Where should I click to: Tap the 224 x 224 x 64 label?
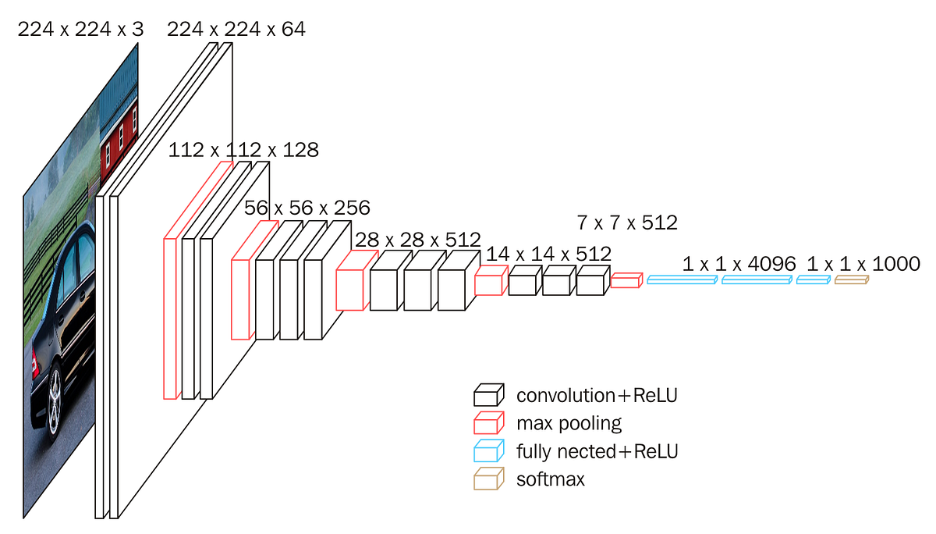pyautogui.click(x=236, y=30)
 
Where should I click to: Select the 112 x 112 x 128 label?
pyautogui.click(x=243, y=150)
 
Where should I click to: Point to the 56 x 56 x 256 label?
pyautogui.click(x=307, y=208)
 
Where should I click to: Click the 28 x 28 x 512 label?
pyautogui.click(x=417, y=239)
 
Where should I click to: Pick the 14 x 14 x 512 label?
pyautogui.click(x=548, y=254)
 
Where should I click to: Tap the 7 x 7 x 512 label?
pyautogui.click(x=626, y=222)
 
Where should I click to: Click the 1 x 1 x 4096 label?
pyautogui.click(x=739, y=264)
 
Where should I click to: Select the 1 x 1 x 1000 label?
pyautogui.click(x=863, y=264)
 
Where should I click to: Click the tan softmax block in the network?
pyautogui.click(x=850, y=279)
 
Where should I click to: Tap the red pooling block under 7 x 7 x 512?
pyautogui.click(x=626, y=280)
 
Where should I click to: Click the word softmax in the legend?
pyautogui.click(x=550, y=479)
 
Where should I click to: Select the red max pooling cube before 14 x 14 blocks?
pyautogui.click(x=488, y=281)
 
